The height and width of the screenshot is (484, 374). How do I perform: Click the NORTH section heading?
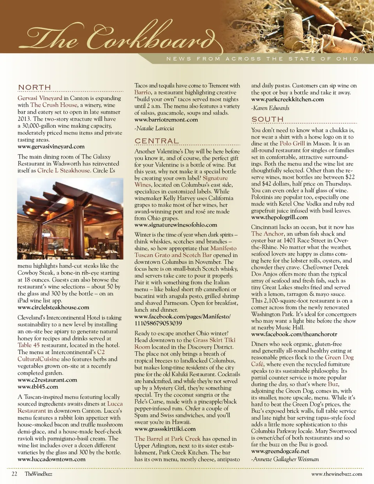point(35,87)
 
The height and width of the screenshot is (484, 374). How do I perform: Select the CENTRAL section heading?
point(157,141)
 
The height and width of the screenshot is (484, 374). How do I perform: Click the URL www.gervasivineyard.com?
point(51,147)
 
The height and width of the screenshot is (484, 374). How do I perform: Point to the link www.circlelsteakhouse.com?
point(53,307)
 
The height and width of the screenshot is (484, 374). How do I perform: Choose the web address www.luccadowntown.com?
point(51,459)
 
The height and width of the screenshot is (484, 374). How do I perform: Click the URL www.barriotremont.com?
point(166,120)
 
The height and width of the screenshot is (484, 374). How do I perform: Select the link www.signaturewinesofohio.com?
point(176,225)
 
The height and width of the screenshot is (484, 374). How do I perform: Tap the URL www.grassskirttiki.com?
point(165,429)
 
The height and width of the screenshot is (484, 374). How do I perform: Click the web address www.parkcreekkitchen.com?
point(288,99)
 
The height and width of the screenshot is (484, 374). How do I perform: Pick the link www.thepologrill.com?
point(279,217)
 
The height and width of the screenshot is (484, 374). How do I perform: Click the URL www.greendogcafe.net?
point(280,451)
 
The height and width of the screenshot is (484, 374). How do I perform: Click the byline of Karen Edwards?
point(270,108)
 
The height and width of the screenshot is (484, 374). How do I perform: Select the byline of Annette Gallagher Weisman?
point(285,459)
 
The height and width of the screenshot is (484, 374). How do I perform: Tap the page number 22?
point(14,474)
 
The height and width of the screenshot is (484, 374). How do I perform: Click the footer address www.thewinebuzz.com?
point(337,474)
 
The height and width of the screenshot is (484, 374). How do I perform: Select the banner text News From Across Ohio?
point(262,59)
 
